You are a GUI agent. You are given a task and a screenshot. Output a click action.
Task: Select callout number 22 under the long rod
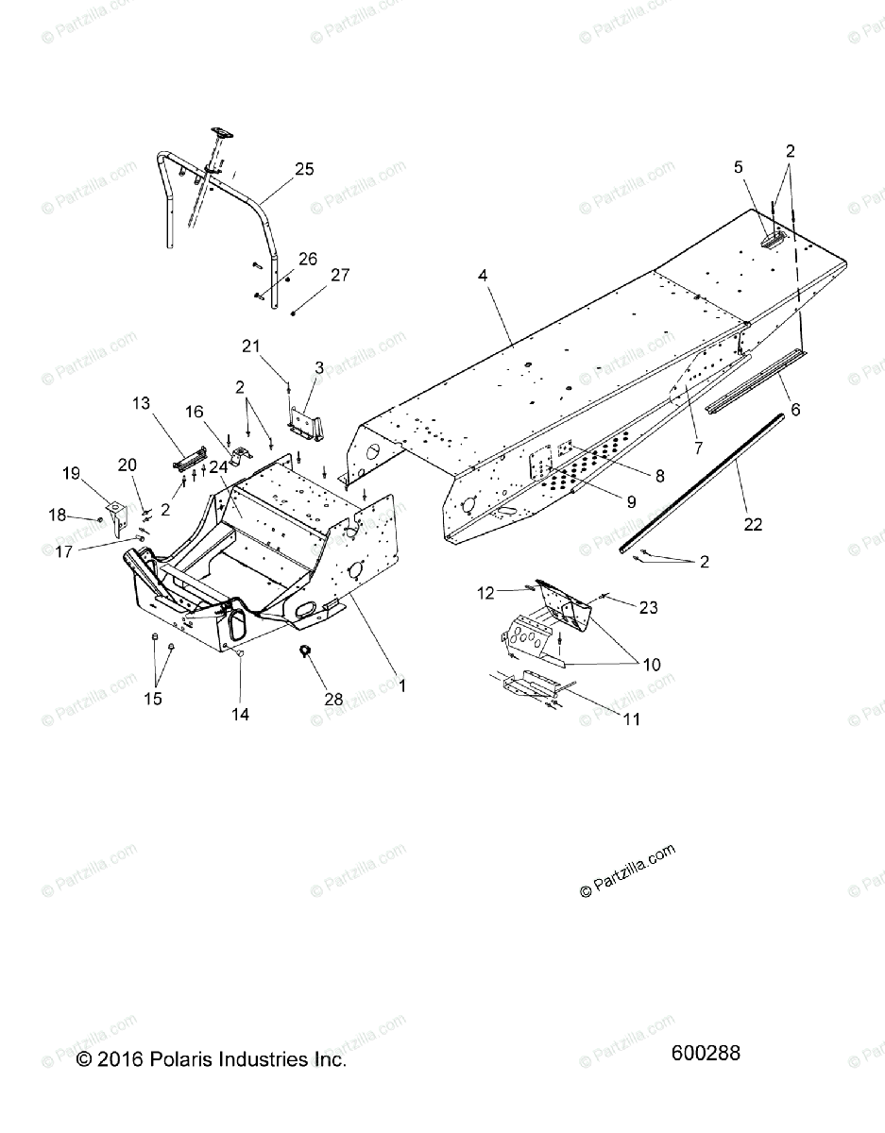pos(753,524)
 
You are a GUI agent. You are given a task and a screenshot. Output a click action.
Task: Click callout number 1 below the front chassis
pos(401,686)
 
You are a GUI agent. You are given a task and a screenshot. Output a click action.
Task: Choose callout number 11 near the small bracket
pos(631,719)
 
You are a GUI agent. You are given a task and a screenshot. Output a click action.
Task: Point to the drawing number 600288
pos(706,1053)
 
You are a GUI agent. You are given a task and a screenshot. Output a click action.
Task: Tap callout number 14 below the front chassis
pos(240,715)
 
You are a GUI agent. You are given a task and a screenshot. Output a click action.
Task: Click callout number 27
pos(339,276)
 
